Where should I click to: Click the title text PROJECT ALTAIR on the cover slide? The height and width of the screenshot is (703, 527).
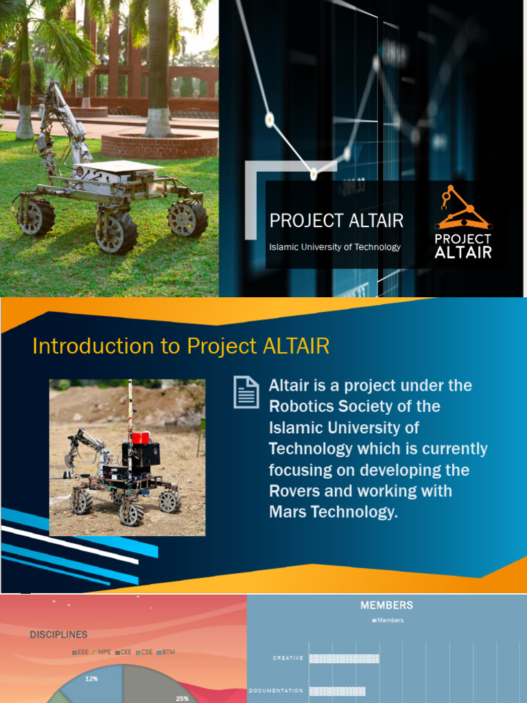pos(336,220)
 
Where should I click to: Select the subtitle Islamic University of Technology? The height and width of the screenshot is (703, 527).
pos(335,247)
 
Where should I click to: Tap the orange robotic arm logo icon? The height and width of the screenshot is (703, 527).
pos(462,208)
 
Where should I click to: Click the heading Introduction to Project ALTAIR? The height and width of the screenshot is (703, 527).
pos(181,346)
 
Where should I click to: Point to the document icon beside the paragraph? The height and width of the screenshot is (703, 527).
pos(246,392)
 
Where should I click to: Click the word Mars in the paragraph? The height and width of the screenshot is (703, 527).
pos(289,512)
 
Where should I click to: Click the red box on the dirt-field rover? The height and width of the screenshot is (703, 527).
pos(141,437)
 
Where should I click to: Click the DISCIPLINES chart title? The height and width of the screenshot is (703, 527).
pos(58,635)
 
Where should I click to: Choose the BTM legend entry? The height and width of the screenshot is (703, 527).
pos(166,652)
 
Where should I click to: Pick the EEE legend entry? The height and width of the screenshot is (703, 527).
pos(80,652)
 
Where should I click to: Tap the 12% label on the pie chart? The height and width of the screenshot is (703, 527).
pos(91,678)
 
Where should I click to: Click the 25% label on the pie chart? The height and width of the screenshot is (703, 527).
pos(182,698)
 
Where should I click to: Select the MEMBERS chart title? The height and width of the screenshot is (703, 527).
pos(387,606)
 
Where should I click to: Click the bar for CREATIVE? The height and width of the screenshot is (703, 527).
pos(344,658)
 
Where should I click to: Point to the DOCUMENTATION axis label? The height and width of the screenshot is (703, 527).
pos(276,691)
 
